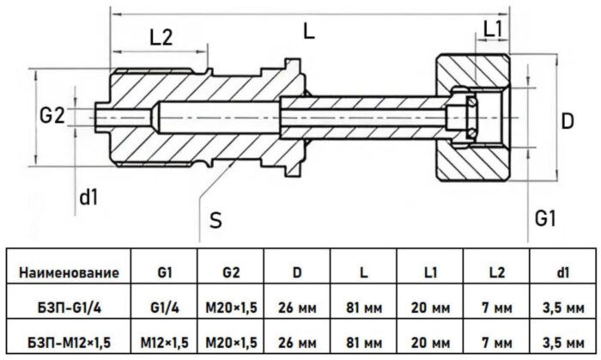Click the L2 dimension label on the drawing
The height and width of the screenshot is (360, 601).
coord(161,37)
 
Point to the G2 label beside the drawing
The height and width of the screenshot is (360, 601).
coord(52,116)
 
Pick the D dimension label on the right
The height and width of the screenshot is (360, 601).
coord(566,121)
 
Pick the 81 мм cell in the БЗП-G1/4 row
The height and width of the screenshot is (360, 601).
coord(363,306)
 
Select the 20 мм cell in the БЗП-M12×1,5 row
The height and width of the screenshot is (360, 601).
coord(430,339)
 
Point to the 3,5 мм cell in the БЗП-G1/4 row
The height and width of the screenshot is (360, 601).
coord(562,306)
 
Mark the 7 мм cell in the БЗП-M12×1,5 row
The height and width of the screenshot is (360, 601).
coord(496,339)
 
